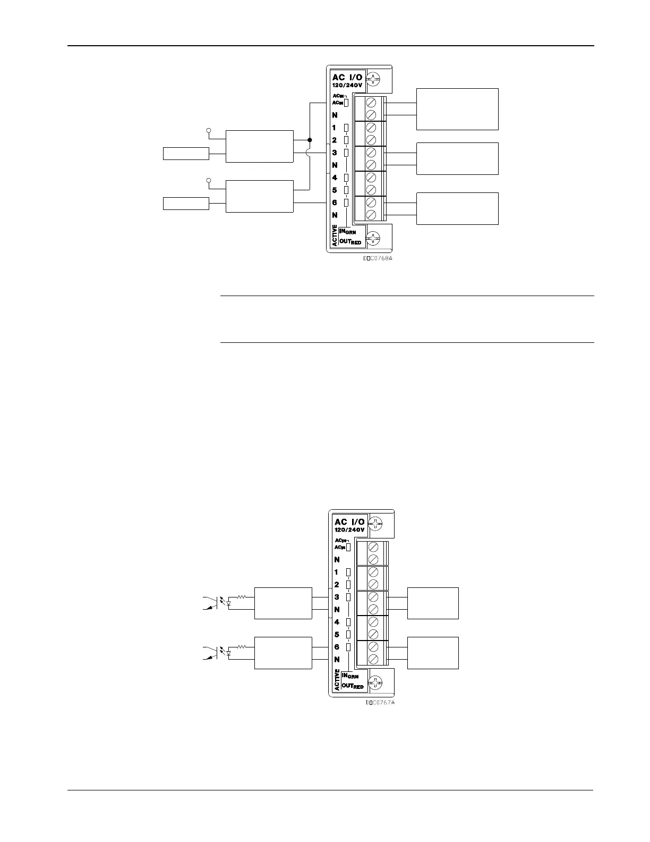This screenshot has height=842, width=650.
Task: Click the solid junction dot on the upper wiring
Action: tap(310, 140)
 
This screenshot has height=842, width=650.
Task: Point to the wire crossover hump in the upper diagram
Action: tap(310, 153)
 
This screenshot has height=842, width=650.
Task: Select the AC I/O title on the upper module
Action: tap(347, 78)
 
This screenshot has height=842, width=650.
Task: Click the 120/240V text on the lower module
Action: tap(349, 530)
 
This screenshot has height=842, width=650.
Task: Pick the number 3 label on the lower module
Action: tap(337, 597)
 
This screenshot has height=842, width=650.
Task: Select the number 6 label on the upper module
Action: tap(335, 203)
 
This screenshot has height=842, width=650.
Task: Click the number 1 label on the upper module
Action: tap(335, 128)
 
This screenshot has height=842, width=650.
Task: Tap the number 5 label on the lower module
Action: tap(337, 634)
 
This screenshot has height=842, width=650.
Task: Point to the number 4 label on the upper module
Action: tap(335, 178)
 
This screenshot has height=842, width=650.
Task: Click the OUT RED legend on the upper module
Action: tap(350, 242)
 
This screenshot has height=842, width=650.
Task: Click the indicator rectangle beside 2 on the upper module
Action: tap(346, 140)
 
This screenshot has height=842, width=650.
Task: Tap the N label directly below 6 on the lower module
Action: tap(337, 660)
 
